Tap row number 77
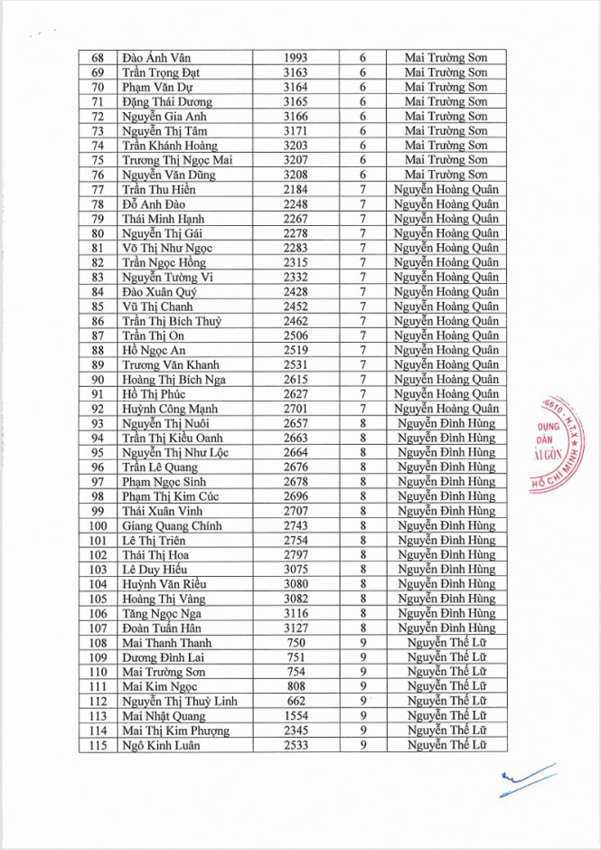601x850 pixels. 99,189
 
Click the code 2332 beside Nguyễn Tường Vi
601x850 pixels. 296,277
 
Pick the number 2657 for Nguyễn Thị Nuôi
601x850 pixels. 296,423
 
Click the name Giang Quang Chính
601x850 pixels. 172,525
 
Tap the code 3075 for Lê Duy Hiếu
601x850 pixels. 296,570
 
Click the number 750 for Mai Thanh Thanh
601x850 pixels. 296,643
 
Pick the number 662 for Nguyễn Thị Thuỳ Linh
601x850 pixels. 296,701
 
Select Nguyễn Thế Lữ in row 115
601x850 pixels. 446,745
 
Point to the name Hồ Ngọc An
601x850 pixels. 154,350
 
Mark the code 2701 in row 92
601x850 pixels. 296,409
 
